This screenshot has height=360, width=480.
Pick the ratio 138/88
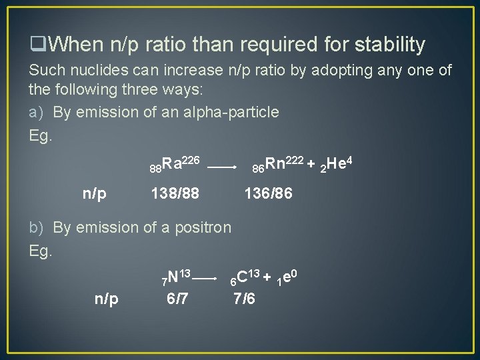pos(175,194)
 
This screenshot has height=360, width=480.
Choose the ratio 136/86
pos(268,194)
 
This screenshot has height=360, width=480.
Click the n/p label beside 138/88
pos(95,194)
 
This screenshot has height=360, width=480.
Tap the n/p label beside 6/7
pos(107,299)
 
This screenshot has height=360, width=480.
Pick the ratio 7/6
pos(244,299)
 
